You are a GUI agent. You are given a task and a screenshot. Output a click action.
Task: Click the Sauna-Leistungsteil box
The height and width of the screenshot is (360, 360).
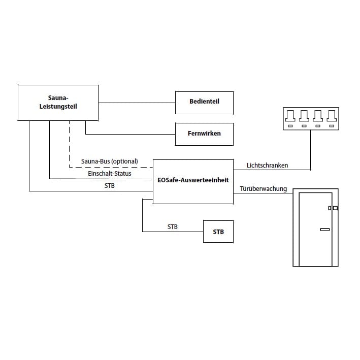(58, 102)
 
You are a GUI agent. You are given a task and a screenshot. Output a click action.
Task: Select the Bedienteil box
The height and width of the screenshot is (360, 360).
(204, 103)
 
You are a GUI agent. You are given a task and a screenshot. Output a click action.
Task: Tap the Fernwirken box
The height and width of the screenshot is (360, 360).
(204, 134)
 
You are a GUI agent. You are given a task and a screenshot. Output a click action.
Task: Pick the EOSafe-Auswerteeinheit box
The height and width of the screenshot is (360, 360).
(193, 181)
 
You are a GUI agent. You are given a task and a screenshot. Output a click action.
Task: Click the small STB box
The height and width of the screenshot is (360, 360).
(218, 232)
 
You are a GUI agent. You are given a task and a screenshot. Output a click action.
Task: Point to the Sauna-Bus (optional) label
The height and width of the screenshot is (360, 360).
(109, 162)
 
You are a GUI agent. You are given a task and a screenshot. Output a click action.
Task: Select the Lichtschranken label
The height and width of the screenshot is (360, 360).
(267, 166)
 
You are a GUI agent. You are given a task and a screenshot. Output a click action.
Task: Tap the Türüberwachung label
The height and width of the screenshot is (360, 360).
(263, 189)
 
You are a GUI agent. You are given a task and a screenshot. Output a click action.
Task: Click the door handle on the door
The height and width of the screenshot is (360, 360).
(324, 230)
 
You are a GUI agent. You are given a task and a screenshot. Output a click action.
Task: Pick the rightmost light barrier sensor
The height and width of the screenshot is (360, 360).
(331, 115)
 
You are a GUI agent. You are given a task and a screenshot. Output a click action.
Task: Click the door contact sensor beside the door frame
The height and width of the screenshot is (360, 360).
(333, 208)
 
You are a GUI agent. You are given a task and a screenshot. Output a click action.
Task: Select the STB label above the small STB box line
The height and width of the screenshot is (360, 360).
(173, 227)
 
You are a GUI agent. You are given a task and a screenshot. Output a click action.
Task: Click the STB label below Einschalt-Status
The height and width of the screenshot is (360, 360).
(110, 186)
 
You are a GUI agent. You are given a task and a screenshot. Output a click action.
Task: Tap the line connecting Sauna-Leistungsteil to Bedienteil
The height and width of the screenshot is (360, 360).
(137, 103)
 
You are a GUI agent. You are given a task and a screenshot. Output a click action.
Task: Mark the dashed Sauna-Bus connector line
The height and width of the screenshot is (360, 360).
(69, 147)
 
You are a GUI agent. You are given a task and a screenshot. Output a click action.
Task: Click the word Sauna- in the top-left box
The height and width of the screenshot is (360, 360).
(58, 97)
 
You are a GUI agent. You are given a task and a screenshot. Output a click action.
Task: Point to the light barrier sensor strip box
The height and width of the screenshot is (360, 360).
(310, 119)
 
